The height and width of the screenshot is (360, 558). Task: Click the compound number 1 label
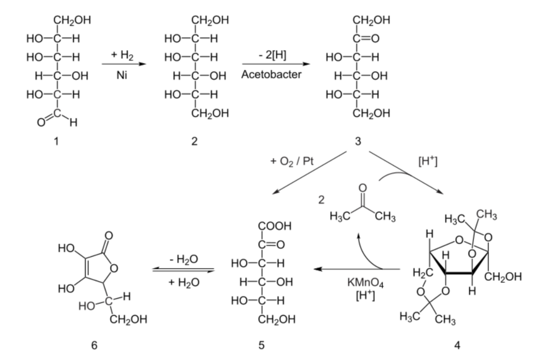click(56, 141)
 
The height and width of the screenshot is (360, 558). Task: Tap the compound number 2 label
click(194, 141)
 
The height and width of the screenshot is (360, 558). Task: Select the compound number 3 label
click(358, 141)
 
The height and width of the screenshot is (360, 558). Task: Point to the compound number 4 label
click(457, 345)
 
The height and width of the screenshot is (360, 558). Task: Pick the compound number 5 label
click(261, 345)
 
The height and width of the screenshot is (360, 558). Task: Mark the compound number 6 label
click(94, 345)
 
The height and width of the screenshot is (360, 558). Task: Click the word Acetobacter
click(271, 74)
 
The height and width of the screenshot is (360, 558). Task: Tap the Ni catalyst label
click(122, 75)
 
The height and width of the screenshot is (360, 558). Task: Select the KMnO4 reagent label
click(365, 283)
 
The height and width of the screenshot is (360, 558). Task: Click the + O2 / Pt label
click(292, 161)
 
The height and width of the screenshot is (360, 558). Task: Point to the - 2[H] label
click(272, 55)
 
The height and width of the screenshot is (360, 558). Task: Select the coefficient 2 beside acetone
click(321, 200)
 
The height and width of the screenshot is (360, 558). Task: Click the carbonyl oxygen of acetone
click(363, 188)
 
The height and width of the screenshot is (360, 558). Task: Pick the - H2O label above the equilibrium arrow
click(184, 259)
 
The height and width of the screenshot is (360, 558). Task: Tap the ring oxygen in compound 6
click(114, 269)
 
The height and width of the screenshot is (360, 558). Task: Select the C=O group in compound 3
click(366, 38)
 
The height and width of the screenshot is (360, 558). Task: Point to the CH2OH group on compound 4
click(503, 276)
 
